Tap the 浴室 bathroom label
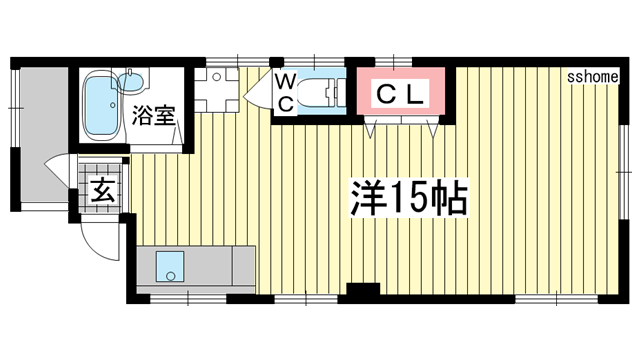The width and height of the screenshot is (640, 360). coord(153,114)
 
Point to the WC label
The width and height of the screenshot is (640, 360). coord(285,92)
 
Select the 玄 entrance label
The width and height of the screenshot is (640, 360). coord(101,187)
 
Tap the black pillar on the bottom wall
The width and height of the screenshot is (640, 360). coord(362,292)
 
